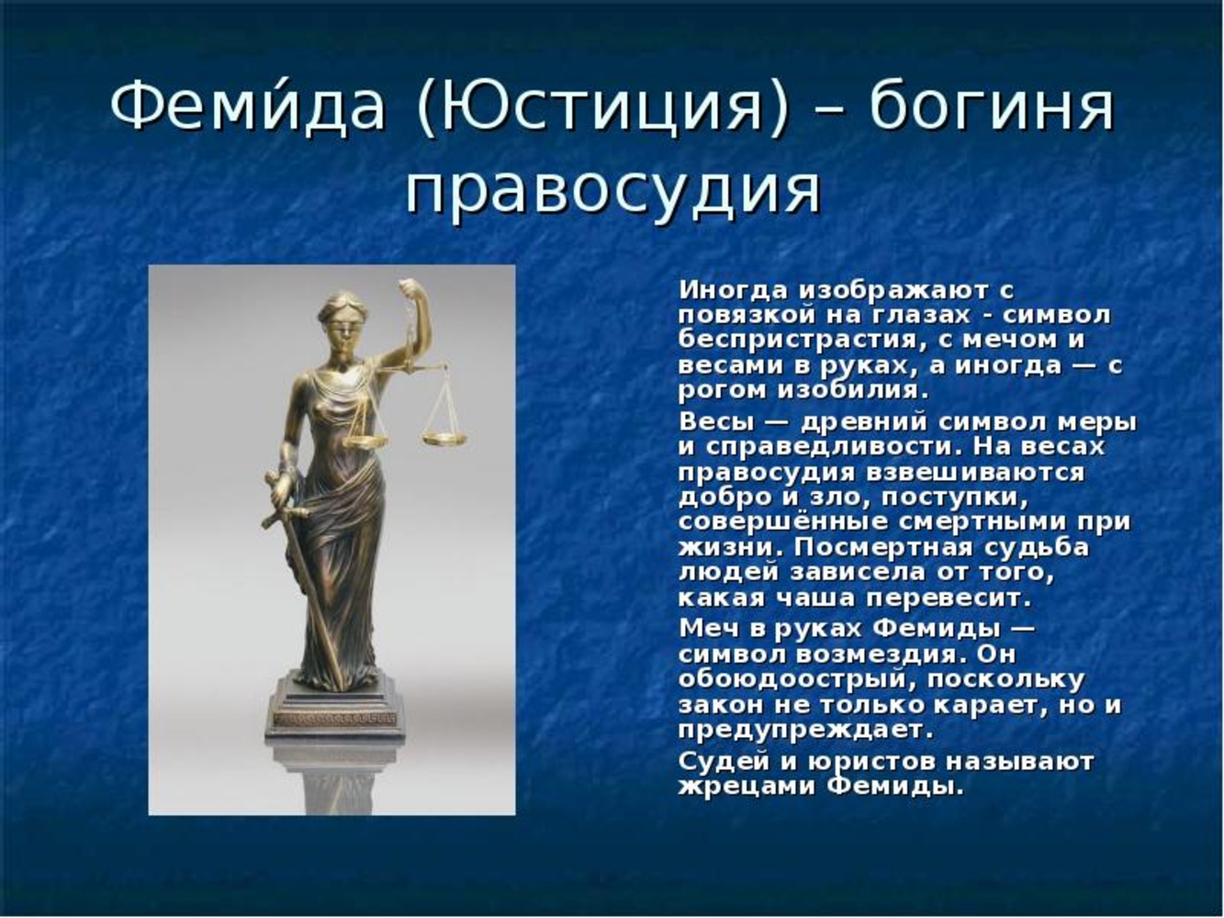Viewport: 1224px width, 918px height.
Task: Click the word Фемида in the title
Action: pyautogui.click(x=248, y=105)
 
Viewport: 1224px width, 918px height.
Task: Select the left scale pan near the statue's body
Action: pyautogui.click(x=365, y=442)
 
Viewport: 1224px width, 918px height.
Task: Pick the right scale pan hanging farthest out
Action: pyautogui.click(x=444, y=439)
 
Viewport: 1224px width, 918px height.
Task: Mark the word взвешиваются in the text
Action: pyautogui.click(x=975, y=473)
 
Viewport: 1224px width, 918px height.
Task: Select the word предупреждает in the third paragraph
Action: pyautogui.click(x=806, y=730)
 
